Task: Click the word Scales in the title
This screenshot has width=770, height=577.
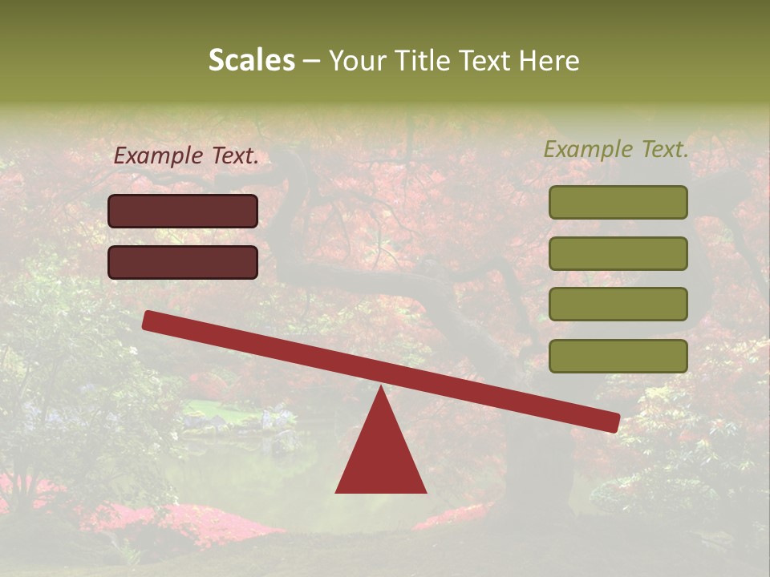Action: (x=251, y=60)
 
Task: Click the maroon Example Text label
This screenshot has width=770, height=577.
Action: (x=186, y=156)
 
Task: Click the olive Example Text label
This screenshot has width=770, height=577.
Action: (x=616, y=149)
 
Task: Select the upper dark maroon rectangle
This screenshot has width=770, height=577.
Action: (x=183, y=212)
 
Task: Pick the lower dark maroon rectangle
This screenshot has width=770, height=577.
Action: (x=183, y=262)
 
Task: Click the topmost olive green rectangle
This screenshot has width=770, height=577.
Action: (x=618, y=203)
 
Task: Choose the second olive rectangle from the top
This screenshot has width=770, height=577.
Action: (x=618, y=253)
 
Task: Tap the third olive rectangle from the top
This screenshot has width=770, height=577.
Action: (x=618, y=305)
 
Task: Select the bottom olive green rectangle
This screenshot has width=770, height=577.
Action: (x=618, y=356)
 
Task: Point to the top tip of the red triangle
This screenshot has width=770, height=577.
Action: (x=380, y=387)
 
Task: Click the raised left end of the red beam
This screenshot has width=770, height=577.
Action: (x=150, y=320)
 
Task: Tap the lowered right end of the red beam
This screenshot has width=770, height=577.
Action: (x=612, y=422)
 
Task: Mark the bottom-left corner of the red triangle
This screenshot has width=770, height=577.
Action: (x=337, y=491)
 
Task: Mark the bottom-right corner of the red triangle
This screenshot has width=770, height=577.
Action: (x=425, y=491)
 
